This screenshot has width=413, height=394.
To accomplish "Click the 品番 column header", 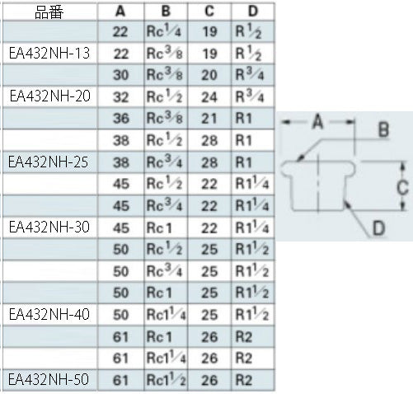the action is [x=49, y=12].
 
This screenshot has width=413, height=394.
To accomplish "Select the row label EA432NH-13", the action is [x=49, y=53].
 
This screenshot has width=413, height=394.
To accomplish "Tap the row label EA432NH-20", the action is [x=49, y=96].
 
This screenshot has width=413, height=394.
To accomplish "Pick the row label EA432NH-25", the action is [x=49, y=162].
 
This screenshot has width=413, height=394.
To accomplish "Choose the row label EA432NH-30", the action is [x=49, y=227].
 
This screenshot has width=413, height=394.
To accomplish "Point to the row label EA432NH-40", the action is [x=49, y=314].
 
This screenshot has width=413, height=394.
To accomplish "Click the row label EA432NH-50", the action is [x=49, y=380].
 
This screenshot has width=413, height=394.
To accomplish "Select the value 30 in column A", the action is [x=120, y=75].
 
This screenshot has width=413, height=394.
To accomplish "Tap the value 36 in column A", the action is [x=120, y=119].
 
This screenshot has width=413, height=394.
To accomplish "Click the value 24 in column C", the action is [x=209, y=97].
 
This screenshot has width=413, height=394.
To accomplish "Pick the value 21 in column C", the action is [x=209, y=119].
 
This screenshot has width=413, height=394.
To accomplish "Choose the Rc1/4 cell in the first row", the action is [x=164, y=31].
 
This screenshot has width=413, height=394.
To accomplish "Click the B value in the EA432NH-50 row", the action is [x=166, y=380].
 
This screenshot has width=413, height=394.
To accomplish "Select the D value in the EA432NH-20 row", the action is [x=250, y=96].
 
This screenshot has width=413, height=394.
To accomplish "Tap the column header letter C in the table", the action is [x=209, y=12].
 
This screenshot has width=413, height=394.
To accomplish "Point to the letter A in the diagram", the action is [x=317, y=122].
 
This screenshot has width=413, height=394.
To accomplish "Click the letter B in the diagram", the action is [x=383, y=129].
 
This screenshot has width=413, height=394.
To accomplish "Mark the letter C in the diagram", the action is [x=402, y=188].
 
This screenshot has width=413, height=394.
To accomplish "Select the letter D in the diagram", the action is [x=378, y=228].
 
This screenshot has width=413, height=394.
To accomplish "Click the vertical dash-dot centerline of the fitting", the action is [x=318, y=184].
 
